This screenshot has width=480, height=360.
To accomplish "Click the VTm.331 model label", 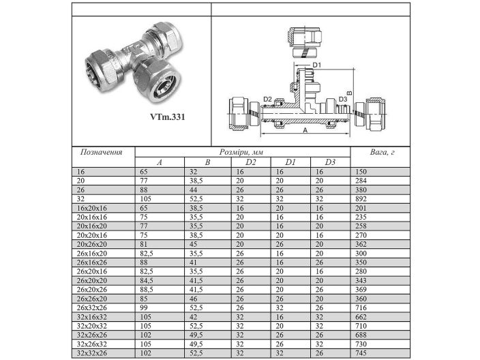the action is (168, 117).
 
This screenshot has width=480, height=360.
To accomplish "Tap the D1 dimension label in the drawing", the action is (317, 65).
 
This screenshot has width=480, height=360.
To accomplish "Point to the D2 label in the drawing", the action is (267, 99).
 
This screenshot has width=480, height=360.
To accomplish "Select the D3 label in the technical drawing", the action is (343, 99).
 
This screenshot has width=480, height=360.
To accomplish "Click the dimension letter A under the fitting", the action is (305, 130).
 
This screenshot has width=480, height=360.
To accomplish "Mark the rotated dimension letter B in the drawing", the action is (350, 93).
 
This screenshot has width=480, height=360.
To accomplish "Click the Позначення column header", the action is (101, 152).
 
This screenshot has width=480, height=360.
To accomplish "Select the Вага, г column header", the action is (382, 152).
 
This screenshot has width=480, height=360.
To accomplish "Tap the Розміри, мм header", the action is (241, 152).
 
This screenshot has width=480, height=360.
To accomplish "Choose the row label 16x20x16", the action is (92, 208).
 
